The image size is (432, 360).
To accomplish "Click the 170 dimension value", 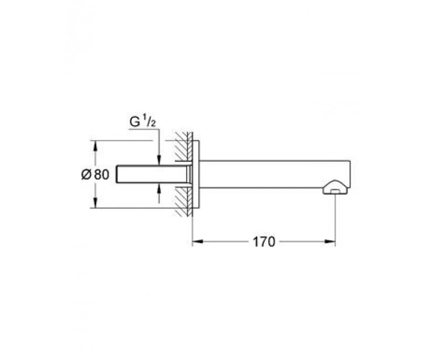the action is click(x=264, y=242).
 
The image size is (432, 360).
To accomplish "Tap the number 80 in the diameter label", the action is click(x=102, y=174).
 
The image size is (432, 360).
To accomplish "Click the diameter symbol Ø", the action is click(x=86, y=174).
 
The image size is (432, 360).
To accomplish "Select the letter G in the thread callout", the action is click(x=135, y=122).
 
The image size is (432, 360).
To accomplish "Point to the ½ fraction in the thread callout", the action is click(x=150, y=122).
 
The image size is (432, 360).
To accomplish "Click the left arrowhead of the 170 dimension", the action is click(x=198, y=242).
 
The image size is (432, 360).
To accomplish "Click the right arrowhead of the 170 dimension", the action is click(x=330, y=242).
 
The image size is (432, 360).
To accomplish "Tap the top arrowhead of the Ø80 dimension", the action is click(x=95, y=146).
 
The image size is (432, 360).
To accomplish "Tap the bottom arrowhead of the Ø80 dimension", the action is click(x=95, y=203).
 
